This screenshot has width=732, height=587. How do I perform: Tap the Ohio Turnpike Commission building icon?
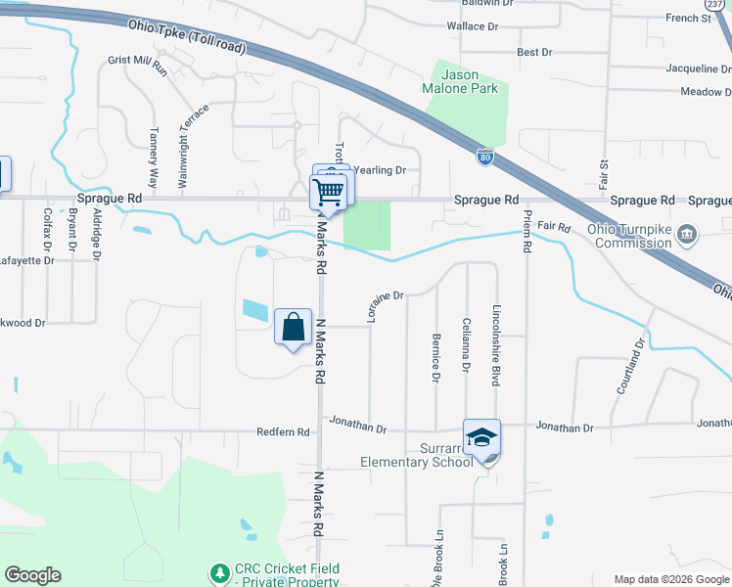[x=688, y=234]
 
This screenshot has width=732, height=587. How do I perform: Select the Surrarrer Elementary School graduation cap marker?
[x=482, y=437]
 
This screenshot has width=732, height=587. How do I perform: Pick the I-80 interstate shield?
[x=486, y=156]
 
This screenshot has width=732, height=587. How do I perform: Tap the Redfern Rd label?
[x=283, y=431]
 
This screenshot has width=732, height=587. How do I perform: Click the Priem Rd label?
[x=526, y=232]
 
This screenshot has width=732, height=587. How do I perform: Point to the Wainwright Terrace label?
[x=182, y=147]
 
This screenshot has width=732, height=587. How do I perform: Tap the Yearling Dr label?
[x=380, y=170]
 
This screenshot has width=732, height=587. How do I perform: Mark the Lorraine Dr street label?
[x=384, y=306]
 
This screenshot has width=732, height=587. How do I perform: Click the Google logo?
[x=32, y=575]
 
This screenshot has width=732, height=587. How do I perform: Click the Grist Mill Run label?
[x=138, y=65]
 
